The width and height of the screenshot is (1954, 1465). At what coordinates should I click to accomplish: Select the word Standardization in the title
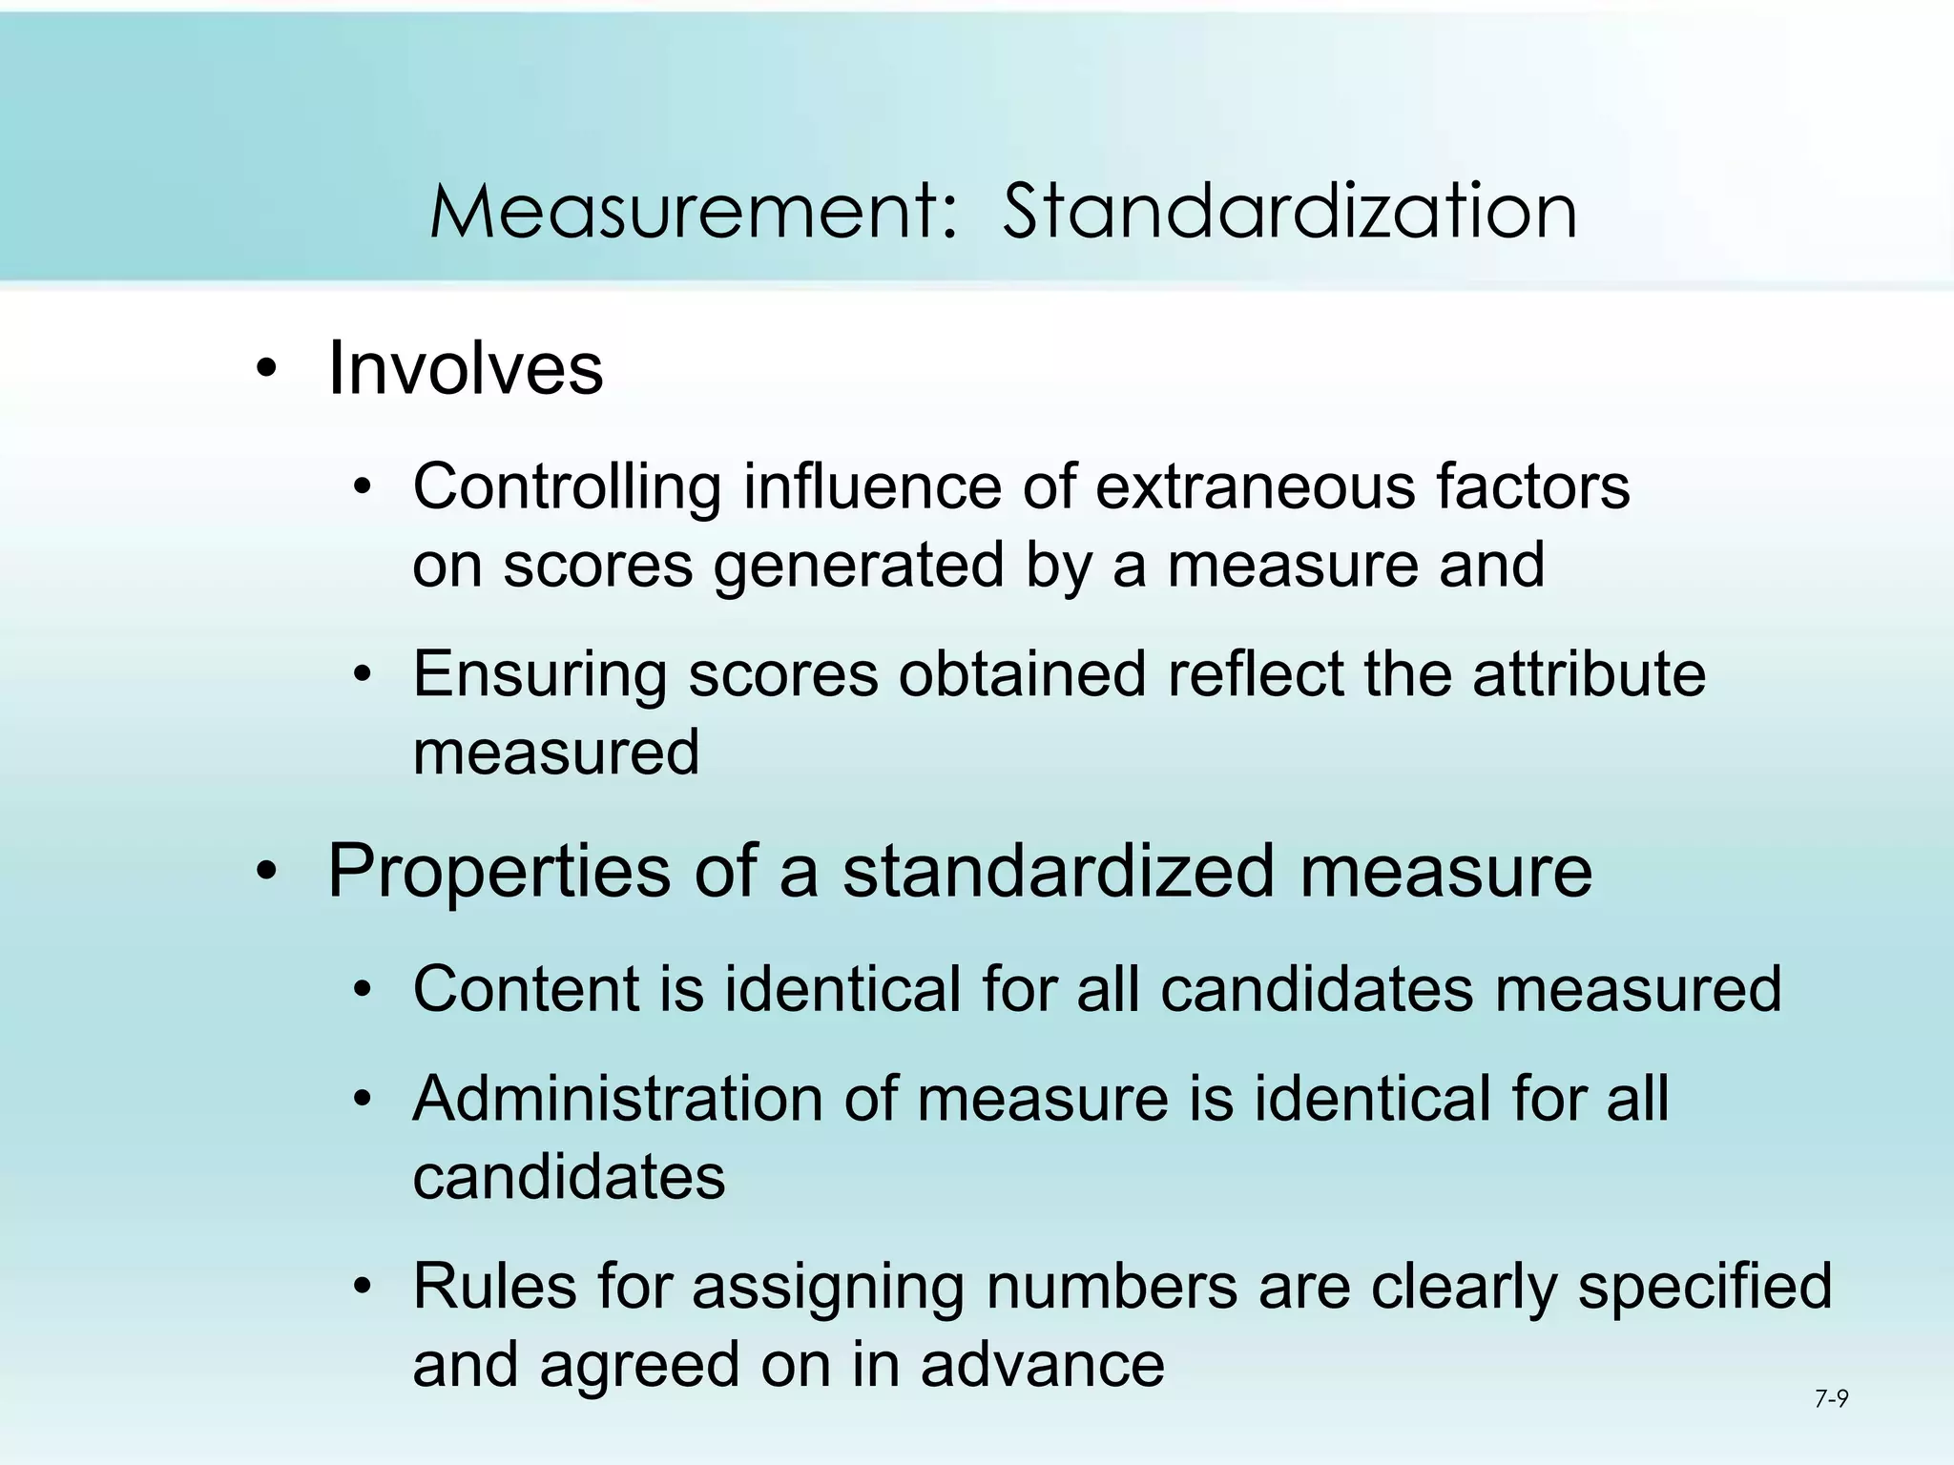[x=1289, y=212]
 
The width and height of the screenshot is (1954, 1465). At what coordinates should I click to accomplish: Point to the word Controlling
[x=567, y=486]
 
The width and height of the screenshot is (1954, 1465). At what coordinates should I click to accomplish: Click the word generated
[x=859, y=565]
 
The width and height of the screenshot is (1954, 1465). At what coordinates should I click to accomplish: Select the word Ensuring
[x=539, y=674]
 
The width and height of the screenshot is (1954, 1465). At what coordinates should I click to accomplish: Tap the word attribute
[x=1589, y=674]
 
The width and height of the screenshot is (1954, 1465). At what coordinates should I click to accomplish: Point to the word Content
[x=525, y=988]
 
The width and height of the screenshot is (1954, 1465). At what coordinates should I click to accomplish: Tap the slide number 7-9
[x=1831, y=1399]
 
